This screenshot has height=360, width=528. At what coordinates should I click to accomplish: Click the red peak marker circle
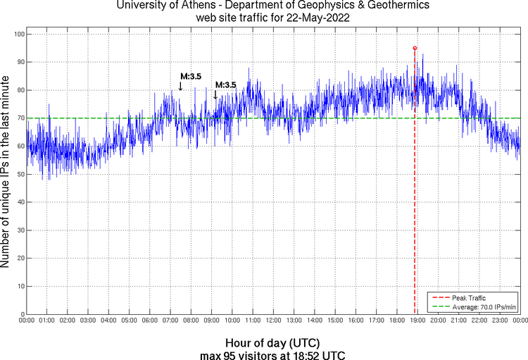point(415,48)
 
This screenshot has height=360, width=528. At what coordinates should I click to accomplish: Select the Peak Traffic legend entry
point(469,298)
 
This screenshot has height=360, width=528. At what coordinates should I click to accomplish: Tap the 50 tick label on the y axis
point(19,174)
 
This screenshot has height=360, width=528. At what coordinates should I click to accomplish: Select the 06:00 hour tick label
point(149,321)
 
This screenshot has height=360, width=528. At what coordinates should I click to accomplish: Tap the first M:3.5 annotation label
point(191,77)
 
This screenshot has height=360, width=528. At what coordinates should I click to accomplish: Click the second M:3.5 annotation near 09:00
point(225,85)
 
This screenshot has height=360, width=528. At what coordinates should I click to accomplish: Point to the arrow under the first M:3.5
point(180,86)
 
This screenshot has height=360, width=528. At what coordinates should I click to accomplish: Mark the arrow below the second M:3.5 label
point(215,94)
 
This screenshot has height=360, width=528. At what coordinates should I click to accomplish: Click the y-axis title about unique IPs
point(6,173)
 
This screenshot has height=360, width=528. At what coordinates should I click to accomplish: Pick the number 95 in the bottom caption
point(228,354)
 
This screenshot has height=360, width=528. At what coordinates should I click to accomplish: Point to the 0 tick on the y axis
point(21,314)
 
